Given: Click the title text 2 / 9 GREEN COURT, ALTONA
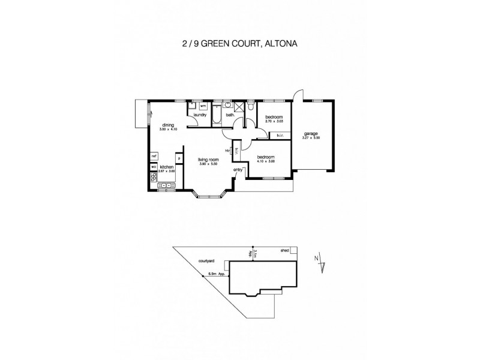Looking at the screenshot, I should coord(239,44).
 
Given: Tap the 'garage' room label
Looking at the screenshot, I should coord(310,133).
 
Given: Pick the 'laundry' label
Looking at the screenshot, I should coord(200,115).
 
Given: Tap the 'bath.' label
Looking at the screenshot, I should coord(230,115).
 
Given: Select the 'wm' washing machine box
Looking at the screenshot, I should coord(202,106).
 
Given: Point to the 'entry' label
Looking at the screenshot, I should coord(238,170).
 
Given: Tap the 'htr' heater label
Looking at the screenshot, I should coord(227,150).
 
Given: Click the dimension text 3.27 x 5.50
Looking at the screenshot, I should coord(310,138).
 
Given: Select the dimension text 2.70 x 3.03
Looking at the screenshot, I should coord(273,122).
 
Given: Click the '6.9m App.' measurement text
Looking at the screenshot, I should coord(216,274).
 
